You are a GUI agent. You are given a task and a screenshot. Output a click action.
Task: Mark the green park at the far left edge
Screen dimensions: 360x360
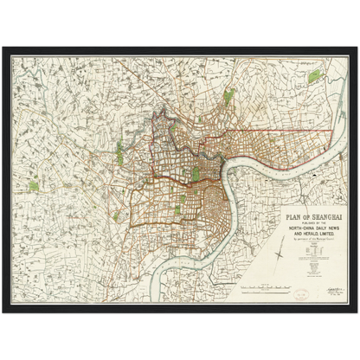pyautogui.click(x=34, y=184)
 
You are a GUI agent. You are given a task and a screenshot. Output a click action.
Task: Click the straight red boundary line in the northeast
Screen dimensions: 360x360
pyautogui.click(x=286, y=131)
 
